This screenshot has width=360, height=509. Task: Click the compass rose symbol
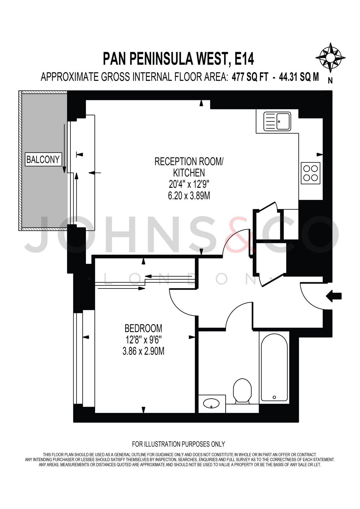pos(330,58)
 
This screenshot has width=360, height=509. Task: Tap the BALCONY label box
pos(43,159)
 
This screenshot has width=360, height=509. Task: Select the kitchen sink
pos(277,122)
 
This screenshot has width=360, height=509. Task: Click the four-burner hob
pos(311,173)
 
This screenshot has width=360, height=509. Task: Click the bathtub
pos(274,368)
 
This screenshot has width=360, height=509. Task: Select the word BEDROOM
pos(143,328)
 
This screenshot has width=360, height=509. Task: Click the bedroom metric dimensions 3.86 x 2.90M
pos(143,351)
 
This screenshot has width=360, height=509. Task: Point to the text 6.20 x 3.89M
pos(189,196)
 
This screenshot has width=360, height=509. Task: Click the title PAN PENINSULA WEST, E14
pos(178,59)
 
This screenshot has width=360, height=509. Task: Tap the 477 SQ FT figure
pos(250,77)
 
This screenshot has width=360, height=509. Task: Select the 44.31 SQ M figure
pos(299,77)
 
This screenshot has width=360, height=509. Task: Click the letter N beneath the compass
pos(330,81)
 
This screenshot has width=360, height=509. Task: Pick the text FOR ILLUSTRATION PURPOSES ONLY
pos(178,444)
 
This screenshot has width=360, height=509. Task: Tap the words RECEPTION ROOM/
pos(189,161)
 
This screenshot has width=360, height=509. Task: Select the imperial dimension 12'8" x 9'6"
pos(143,340)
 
